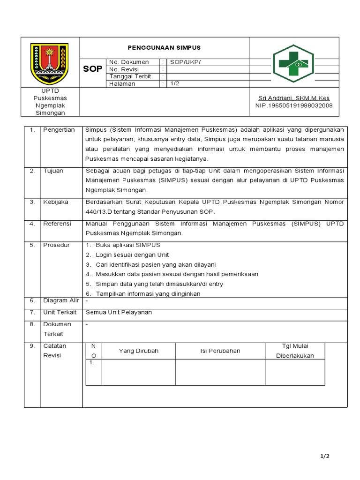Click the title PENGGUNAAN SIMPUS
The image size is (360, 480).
[164, 48]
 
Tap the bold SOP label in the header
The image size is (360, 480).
[92, 69]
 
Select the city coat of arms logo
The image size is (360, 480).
[49, 63]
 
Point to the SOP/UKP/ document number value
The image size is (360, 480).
[185, 62]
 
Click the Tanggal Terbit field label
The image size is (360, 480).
[130, 76]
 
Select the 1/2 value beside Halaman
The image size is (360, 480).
[174, 84]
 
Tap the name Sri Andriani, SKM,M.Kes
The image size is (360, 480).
[294, 98]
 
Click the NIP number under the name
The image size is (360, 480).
[294, 105]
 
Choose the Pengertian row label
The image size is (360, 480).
[59, 130]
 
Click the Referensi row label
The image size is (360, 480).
[57, 224]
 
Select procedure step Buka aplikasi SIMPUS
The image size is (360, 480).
[128, 245]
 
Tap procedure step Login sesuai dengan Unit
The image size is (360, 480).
[132, 255]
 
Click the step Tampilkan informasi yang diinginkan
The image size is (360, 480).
[148, 294]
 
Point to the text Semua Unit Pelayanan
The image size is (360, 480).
[119, 312]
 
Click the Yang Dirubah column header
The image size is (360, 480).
[139, 351]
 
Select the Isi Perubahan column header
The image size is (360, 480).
[220, 351]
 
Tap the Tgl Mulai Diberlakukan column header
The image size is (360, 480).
[295, 351]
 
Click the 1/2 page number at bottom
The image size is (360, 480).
[325, 456]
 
